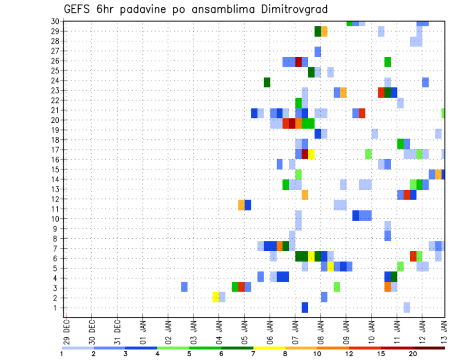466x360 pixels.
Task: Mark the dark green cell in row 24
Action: pos(267,82)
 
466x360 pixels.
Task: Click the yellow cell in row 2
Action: pos(216,297)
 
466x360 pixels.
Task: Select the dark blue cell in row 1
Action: pos(305,307)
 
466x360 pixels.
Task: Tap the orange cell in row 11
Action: pos(241,205)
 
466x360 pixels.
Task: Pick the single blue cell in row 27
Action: pos(317,51)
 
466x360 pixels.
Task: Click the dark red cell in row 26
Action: pos(299,62)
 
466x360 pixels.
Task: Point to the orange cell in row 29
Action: pos(324,32)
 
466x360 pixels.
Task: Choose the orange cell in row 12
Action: pos(305,195)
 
